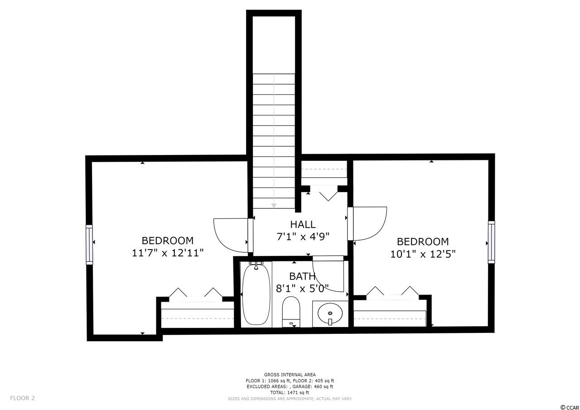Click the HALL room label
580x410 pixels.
(303, 224)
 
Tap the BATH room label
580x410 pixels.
(302, 276)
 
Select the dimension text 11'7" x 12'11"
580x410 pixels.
(168, 253)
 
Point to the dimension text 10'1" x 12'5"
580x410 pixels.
(423, 254)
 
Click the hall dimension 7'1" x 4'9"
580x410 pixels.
(303, 236)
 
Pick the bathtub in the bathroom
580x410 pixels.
(256, 294)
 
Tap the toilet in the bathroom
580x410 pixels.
(291, 312)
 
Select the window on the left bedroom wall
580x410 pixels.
(89, 245)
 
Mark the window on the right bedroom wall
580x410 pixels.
(491, 242)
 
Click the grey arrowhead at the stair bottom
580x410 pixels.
(274, 206)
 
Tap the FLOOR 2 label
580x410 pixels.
(22, 398)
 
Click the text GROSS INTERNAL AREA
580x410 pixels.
(290, 375)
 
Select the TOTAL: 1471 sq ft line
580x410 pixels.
(290, 393)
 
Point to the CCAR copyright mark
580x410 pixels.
(570, 408)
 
